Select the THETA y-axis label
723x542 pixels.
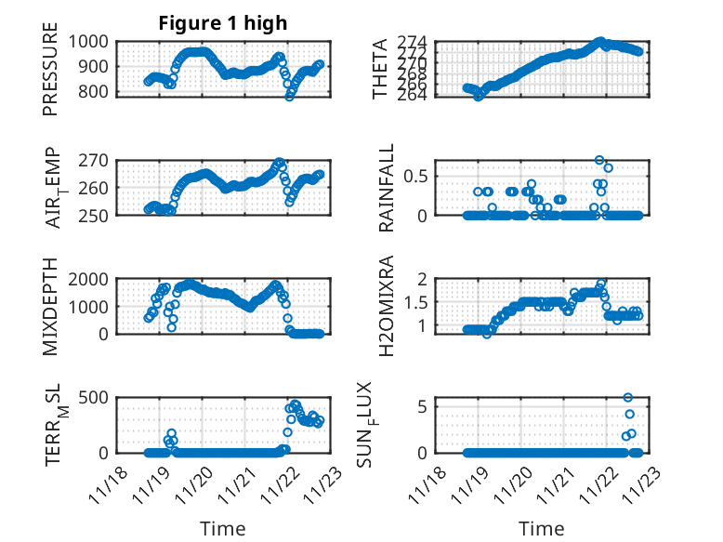[x=380, y=68]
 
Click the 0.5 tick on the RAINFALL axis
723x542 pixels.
[x=414, y=176]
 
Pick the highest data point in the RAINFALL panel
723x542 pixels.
[x=599, y=160]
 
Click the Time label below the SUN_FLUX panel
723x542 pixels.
[x=541, y=529]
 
